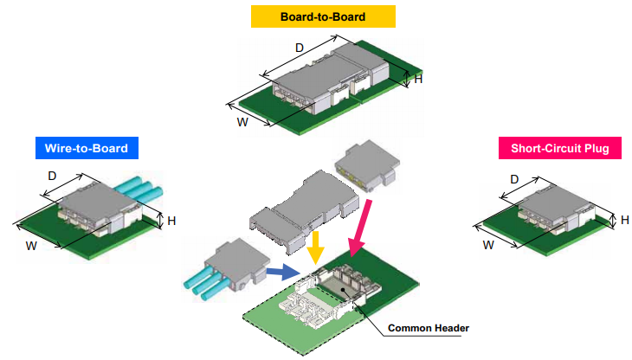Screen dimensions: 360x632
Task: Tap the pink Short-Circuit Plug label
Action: point(560,148)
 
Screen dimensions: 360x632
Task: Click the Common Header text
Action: point(429,328)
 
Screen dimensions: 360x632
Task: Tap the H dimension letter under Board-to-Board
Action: point(419,80)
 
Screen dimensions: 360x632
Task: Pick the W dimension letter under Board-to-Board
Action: point(243,121)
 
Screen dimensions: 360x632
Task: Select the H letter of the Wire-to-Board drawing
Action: point(171,221)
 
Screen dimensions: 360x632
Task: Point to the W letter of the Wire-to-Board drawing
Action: point(31,246)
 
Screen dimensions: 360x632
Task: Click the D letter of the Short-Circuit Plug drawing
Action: point(514,179)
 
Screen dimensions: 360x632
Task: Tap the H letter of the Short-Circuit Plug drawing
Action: point(624,220)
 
